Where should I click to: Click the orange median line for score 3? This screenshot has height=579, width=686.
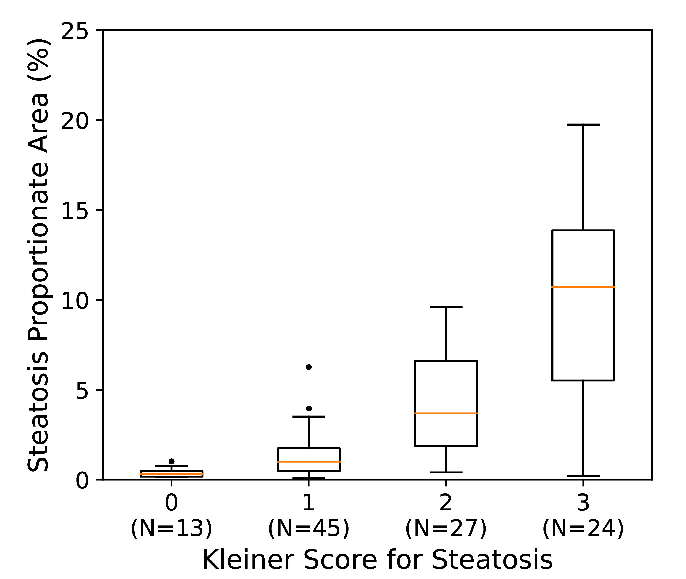[583, 287]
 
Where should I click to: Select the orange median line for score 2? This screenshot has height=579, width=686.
[446, 413]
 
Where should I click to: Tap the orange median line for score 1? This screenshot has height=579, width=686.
[309, 461]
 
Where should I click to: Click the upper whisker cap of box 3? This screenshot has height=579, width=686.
[583, 125]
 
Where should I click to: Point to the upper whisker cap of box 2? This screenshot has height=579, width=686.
[446, 307]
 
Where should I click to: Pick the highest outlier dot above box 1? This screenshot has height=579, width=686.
[309, 367]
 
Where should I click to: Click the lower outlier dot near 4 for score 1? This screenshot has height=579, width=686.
[309, 409]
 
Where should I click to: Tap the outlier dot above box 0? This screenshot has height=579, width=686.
[171, 461]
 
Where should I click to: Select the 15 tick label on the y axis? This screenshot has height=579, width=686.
[75, 211]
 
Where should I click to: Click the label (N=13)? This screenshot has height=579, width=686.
[171, 528]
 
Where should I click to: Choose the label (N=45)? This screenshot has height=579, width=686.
[309, 528]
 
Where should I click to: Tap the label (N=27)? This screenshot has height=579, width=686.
[446, 528]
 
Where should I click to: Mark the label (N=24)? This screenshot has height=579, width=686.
[583, 528]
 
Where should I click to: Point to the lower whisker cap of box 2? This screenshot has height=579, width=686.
[446, 472]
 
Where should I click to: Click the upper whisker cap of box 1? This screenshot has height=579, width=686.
[309, 416]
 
